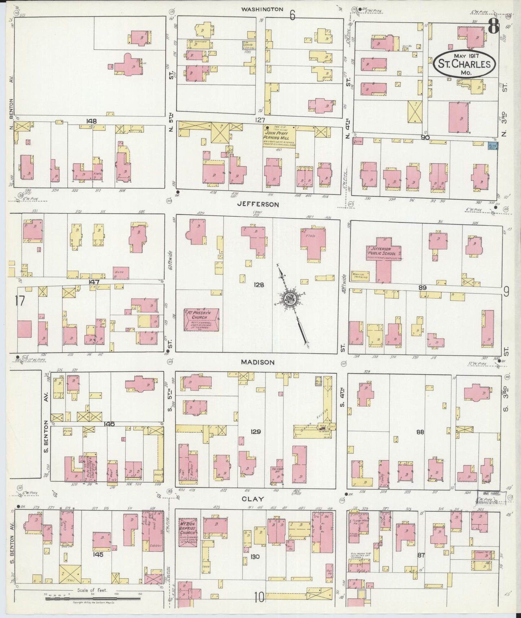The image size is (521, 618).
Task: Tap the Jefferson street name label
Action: (258, 204)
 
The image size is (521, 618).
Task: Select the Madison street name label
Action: (258, 362)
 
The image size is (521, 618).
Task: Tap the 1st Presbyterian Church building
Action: (202, 319)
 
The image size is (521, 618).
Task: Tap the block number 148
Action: (91, 122)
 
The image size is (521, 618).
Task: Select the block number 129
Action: (255, 431)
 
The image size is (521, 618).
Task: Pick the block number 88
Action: (420, 432)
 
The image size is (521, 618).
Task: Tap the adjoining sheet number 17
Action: (20, 300)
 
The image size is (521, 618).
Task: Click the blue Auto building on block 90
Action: (492, 146)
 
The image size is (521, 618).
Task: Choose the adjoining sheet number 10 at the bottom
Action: (259, 597)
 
